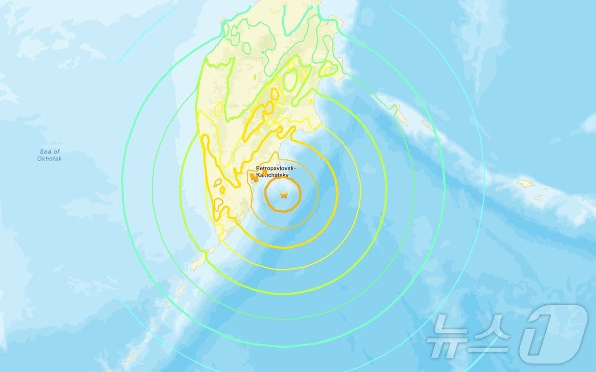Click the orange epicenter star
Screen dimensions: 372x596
click(284, 195)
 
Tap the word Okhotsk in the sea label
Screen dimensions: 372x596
click(49, 159)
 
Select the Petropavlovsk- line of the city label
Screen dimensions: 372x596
click(276, 169)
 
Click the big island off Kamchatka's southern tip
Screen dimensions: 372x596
click(198, 261)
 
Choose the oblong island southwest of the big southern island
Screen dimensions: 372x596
click(178, 284)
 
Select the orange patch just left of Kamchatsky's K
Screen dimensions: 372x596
click(253, 177)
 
